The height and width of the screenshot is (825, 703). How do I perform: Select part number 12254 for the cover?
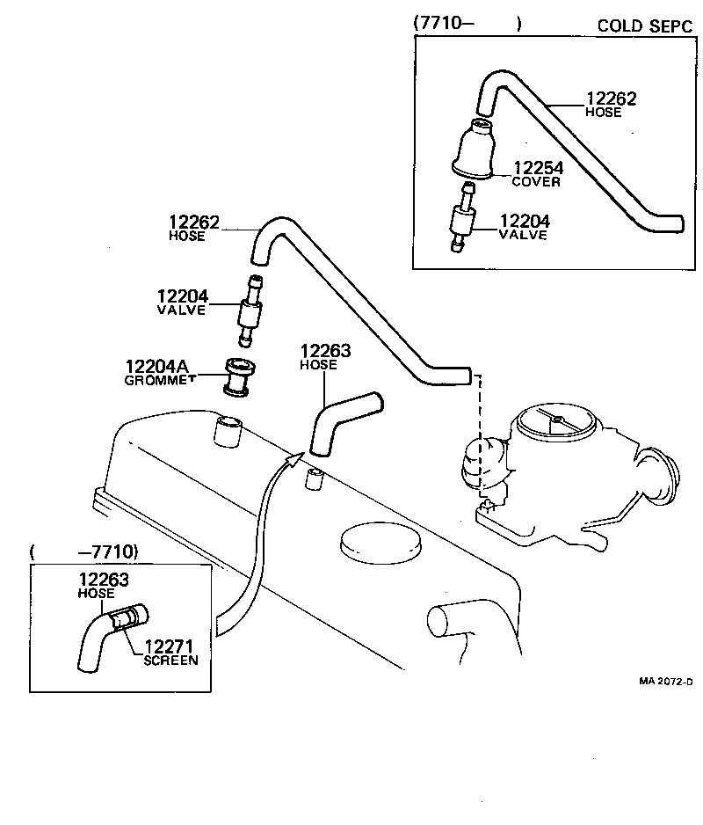point(538,167)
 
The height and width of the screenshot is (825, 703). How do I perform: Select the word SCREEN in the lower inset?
point(171,661)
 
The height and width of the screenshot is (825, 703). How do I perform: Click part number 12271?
point(169,646)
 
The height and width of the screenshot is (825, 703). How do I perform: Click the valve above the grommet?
point(250,310)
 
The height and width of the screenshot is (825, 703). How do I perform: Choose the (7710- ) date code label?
point(467,25)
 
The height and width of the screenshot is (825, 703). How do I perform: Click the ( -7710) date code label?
point(84,552)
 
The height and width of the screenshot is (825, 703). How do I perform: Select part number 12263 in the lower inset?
point(104,580)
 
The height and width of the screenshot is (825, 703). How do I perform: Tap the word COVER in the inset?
point(536,182)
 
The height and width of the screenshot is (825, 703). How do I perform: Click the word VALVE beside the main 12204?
point(181,310)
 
